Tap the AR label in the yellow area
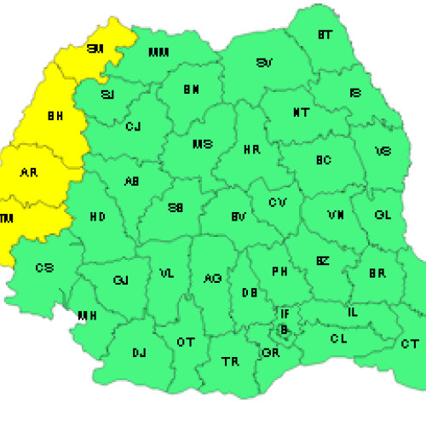(28, 172)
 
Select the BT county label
(325, 35)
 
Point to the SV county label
(265, 63)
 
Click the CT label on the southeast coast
(409, 343)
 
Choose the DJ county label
(139, 352)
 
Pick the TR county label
(230, 361)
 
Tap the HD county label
(97, 217)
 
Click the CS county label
(44, 268)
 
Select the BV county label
(239, 219)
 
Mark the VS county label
(384, 153)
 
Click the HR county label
(251, 150)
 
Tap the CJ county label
(133, 127)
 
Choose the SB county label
(175, 207)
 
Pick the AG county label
(212, 278)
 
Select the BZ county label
(323, 261)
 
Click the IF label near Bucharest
(285, 314)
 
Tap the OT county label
(185, 342)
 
